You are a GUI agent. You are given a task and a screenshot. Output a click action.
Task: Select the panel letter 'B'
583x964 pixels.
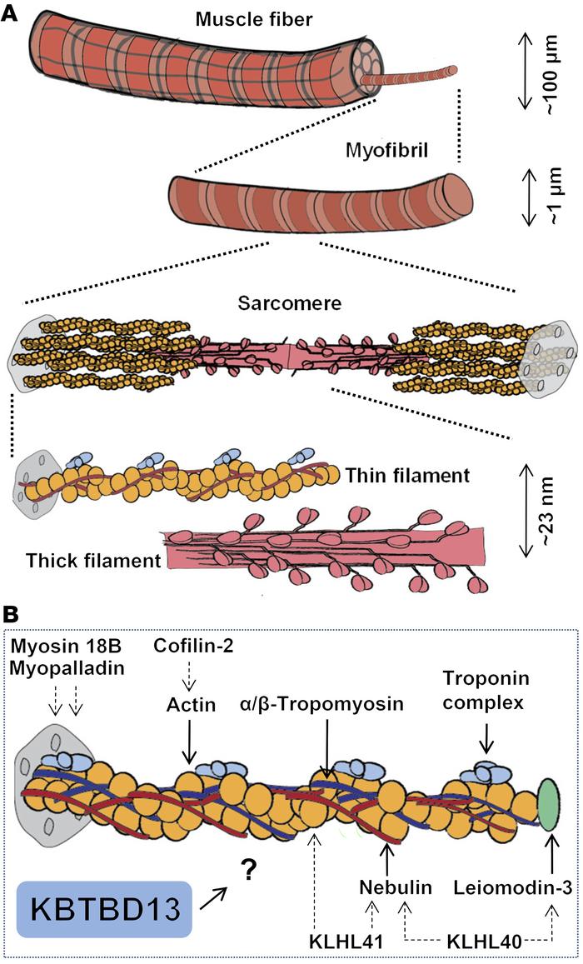point(12,614)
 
